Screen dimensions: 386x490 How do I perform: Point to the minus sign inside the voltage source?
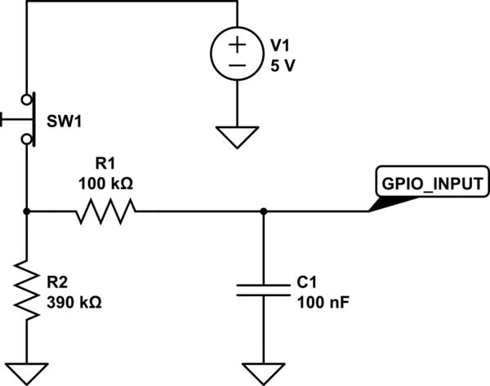[237, 65]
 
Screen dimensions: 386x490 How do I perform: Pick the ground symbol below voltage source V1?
[237, 137]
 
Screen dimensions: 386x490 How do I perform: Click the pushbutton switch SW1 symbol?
[24, 119]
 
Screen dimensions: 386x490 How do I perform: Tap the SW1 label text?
[65, 122]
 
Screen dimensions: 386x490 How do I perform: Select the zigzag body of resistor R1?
[105, 212]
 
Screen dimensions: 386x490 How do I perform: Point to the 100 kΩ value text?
[105, 183]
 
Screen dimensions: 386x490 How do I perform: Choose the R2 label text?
[58, 282]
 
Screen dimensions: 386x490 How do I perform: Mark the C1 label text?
[307, 282]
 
